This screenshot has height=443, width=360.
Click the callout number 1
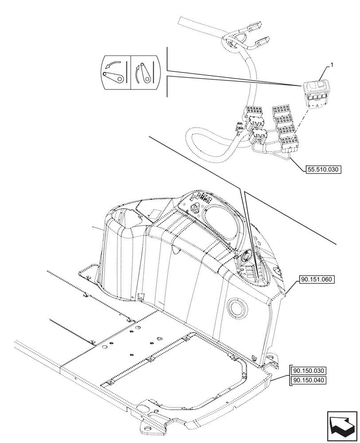click(x=329, y=66)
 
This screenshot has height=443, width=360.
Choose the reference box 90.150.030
click(x=309, y=371)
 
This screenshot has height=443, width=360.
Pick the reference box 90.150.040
click(x=309, y=380)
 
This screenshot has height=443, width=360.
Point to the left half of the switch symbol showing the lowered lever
click(x=115, y=73)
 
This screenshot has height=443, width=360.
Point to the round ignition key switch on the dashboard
click(x=245, y=256)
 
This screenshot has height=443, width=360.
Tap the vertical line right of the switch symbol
click(x=167, y=72)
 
